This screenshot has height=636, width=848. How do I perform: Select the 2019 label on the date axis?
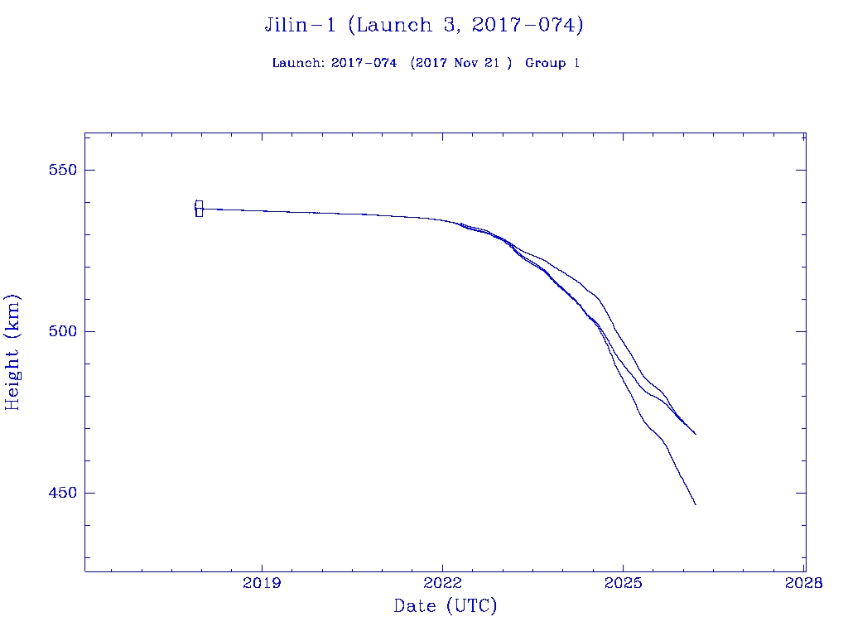(262, 583)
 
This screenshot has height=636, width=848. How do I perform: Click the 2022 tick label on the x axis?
(443, 583)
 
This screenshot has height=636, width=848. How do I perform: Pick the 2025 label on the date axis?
(624, 583)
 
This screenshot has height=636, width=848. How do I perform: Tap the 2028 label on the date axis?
(805, 583)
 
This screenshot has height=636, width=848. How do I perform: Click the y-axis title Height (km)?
(12, 352)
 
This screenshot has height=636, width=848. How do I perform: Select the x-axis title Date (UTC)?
(446, 606)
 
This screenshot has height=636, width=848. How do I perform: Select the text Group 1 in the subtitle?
(552, 63)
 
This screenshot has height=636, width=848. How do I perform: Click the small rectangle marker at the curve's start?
(199, 209)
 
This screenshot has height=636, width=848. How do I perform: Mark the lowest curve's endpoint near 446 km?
(696, 504)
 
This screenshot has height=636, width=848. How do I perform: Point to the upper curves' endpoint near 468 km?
(696, 434)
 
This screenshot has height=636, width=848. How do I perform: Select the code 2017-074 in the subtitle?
(364, 63)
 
